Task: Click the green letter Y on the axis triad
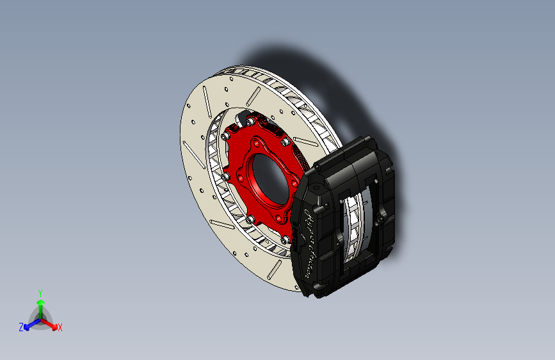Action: pos(40,292)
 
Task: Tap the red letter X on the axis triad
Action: pos(60,328)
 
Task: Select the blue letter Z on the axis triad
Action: pos(21,327)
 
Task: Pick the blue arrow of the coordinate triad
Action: pos(29,323)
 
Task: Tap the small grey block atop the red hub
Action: pos(244,118)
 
